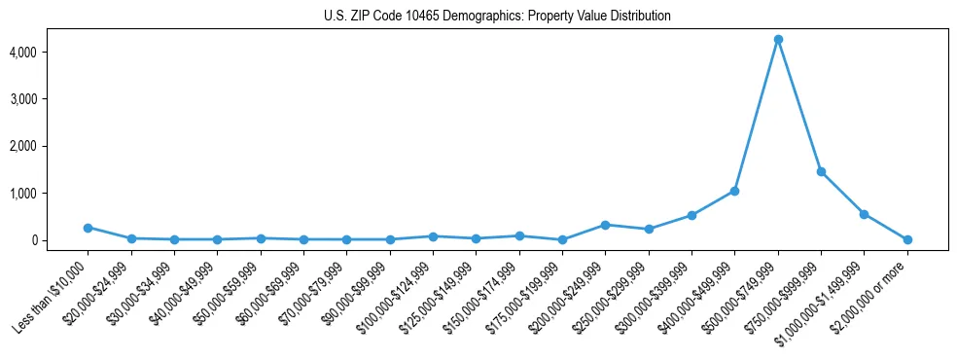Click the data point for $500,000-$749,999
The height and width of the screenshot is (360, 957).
pos(778,39)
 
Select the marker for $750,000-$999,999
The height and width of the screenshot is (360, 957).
pos(821,171)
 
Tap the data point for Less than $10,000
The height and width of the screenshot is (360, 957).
pos(88,228)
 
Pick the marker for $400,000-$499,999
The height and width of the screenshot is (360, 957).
pos(734,191)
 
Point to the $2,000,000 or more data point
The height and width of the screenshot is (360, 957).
pos(907,239)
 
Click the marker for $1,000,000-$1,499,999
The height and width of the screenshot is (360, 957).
pos(864,214)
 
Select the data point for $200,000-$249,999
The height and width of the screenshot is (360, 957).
pos(605,225)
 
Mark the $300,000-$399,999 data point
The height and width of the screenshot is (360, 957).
pos(691,215)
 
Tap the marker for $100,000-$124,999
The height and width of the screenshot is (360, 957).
pos(433,236)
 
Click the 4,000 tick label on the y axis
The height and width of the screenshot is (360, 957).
pos(51,52)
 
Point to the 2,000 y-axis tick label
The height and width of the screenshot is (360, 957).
pos(51,146)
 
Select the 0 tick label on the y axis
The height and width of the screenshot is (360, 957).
pos(60,240)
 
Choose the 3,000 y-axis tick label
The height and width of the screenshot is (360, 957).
pos(51,99)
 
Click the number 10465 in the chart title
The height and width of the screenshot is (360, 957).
pos(422,17)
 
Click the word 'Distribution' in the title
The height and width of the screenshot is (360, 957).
pos(641,17)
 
